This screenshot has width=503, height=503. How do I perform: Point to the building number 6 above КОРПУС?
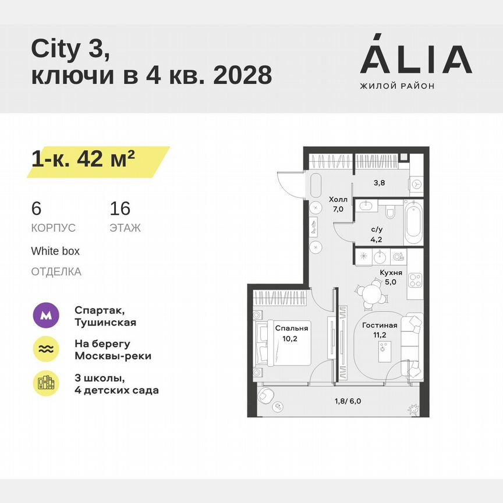tap(37, 208)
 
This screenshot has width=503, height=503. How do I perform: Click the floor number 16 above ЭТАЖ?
tap(120, 208)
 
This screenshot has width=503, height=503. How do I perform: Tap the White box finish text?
tap(55, 251)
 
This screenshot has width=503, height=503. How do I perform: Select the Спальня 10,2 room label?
tap(292, 333)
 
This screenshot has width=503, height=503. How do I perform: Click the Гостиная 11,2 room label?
tap(380, 330)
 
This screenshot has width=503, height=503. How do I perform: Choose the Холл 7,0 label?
tap(338, 203)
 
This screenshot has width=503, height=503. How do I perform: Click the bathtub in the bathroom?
tap(413, 223)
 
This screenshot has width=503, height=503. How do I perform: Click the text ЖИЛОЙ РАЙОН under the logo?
tap(398, 86)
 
